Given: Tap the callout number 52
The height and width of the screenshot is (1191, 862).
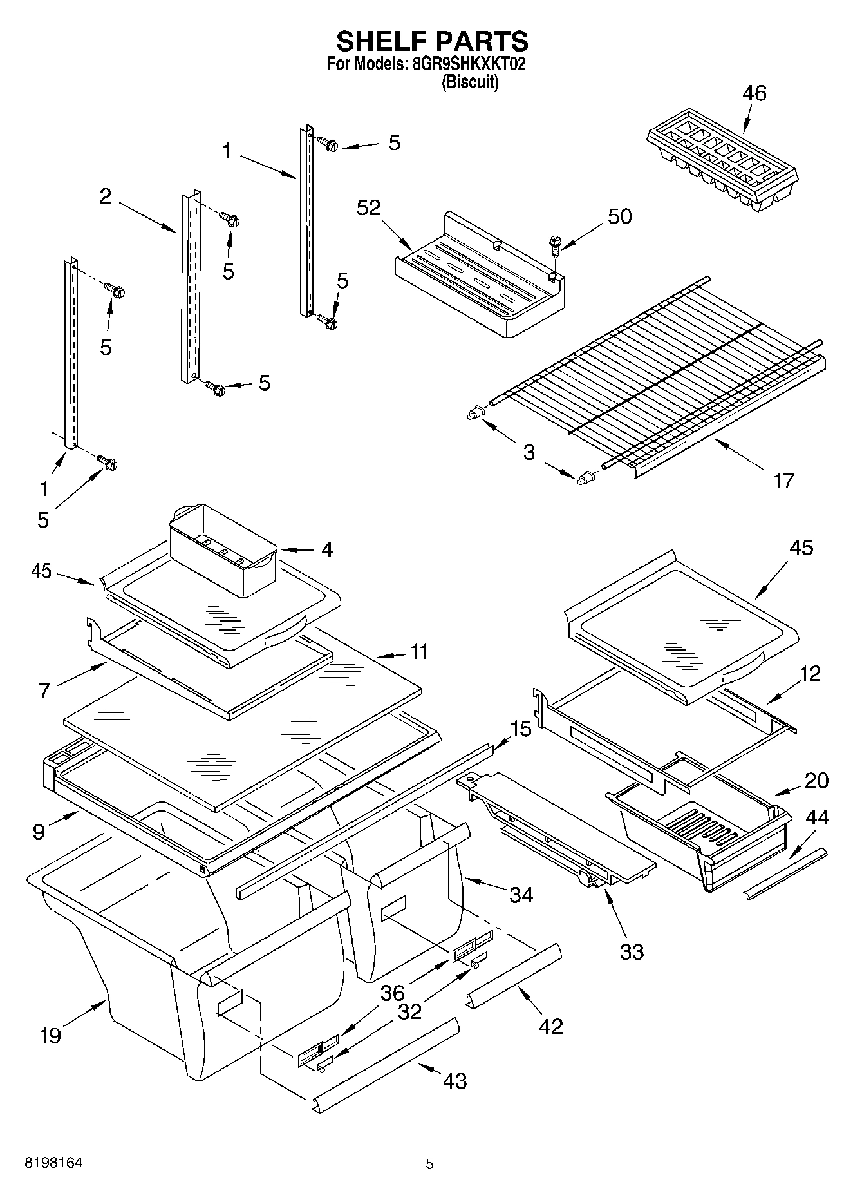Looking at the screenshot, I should click(369, 207).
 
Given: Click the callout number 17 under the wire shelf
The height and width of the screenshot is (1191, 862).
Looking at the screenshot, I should click(783, 481).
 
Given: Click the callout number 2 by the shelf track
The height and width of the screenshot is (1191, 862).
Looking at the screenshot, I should click(106, 196).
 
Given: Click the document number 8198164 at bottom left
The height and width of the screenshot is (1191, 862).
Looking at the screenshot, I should click(53, 1163).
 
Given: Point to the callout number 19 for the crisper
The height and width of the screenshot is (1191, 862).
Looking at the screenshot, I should click(50, 1036).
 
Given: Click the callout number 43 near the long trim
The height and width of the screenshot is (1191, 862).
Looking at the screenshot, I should click(454, 1080).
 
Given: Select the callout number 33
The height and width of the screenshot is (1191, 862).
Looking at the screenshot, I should click(631, 951).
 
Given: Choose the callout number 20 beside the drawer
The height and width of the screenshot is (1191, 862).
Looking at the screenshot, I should click(816, 781).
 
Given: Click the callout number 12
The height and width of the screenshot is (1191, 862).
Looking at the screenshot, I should click(810, 674).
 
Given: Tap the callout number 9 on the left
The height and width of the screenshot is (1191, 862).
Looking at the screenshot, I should click(39, 832).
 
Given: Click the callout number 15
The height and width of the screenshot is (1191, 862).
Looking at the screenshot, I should click(521, 729).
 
